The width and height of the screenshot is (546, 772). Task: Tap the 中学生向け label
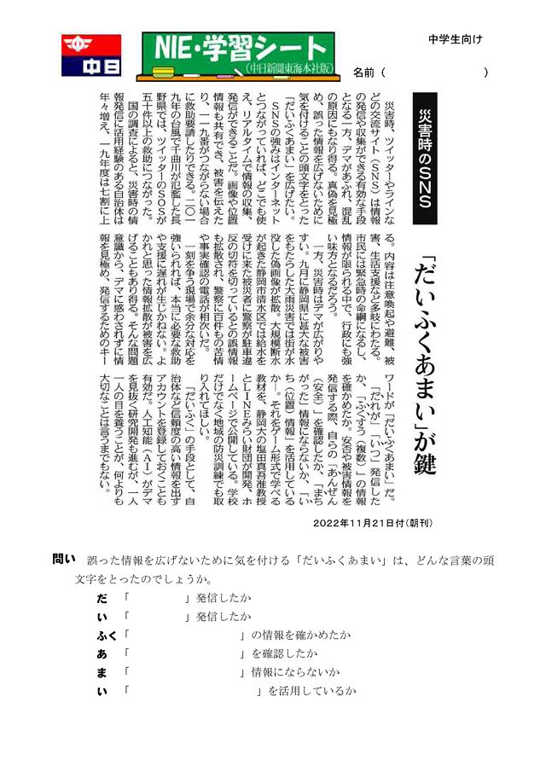tap(455, 39)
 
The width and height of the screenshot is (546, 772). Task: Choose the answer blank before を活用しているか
tap(193, 691)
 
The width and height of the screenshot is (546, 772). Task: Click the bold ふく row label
tap(107, 635)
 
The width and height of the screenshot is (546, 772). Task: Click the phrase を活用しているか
tap(311, 691)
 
